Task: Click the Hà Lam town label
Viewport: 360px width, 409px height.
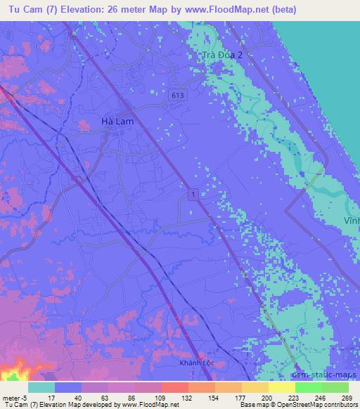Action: point(117,122)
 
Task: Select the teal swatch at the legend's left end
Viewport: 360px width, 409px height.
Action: point(41,387)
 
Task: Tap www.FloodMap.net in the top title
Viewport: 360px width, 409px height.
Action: point(223,10)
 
